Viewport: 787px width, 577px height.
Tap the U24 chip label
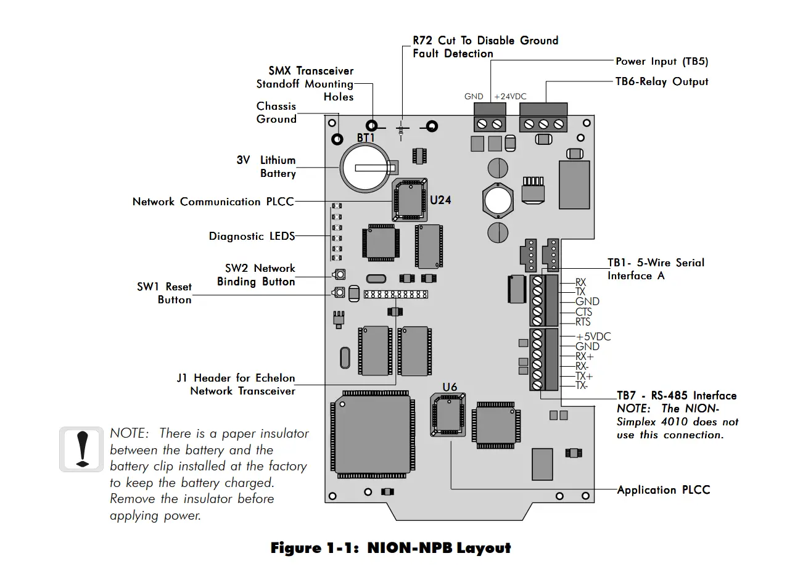click(440, 200)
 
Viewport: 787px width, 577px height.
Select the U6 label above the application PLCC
click(450, 387)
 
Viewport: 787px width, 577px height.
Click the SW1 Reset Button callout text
click(164, 293)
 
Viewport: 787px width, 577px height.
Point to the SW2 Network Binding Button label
click(256, 275)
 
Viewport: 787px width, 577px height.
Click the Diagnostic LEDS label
click(252, 236)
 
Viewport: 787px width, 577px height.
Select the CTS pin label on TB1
click(583, 312)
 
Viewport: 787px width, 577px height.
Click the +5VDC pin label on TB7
click(593, 337)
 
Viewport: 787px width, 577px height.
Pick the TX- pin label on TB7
click(582, 386)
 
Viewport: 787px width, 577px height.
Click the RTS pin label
click(583, 322)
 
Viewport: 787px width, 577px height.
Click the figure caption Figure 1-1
click(390, 548)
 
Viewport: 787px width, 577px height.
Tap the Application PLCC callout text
click(664, 490)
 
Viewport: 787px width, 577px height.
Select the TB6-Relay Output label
click(662, 81)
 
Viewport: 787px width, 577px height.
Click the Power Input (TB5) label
click(662, 62)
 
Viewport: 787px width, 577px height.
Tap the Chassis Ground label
click(276, 113)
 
